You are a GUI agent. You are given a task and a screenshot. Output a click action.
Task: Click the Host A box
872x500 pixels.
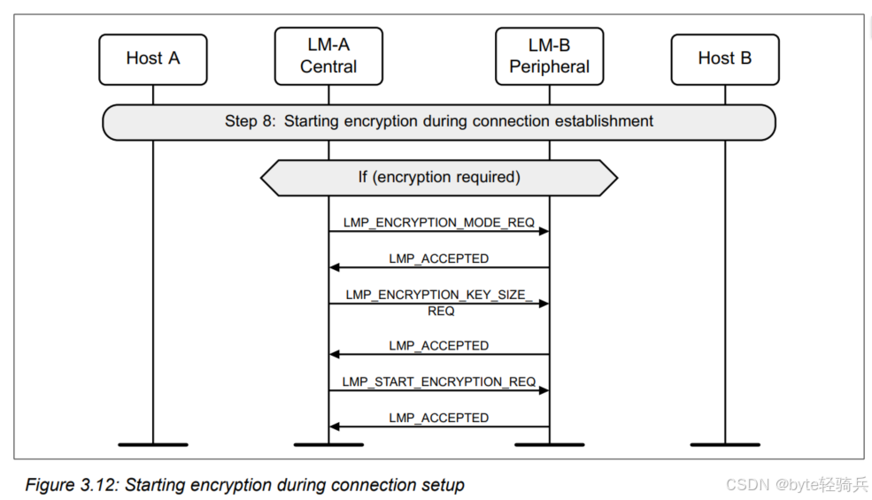pyautogui.click(x=152, y=59)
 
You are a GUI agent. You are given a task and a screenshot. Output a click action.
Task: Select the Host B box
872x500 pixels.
pyautogui.click(x=724, y=59)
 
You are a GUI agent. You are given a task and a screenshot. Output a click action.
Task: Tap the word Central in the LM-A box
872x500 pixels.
pyautogui.click(x=328, y=67)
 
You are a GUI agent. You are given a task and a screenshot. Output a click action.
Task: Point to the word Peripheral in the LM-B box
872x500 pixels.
pyautogui.click(x=549, y=67)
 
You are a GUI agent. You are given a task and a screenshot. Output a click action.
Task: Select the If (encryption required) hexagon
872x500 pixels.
pyautogui.click(x=438, y=178)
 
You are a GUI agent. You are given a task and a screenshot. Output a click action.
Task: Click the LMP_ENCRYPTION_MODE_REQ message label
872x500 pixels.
pyautogui.click(x=439, y=223)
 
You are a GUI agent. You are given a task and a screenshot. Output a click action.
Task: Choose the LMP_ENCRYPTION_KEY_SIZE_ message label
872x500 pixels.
pyautogui.click(x=439, y=295)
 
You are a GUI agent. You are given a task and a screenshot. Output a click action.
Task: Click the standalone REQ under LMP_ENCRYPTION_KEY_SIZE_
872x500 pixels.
pyautogui.click(x=440, y=312)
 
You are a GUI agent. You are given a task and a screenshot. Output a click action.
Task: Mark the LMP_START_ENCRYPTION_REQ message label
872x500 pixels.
pyautogui.click(x=439, y=381)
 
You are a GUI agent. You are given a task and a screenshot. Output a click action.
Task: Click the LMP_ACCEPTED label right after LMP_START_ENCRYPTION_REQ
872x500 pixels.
pyautogui.click(x=438, y=418)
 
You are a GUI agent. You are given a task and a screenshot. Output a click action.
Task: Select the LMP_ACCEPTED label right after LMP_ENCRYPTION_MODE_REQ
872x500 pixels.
pyautogui.click(x=438, y=258)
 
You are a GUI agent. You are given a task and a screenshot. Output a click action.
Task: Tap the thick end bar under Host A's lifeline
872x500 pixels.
pyautogui.click(x=152, y=442)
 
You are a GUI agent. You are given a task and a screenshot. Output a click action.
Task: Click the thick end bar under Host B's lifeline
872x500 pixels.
pyautogui.click(x=725, y=442)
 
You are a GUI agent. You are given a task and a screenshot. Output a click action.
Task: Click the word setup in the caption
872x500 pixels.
pyautogui.click(x=443, y=485)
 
